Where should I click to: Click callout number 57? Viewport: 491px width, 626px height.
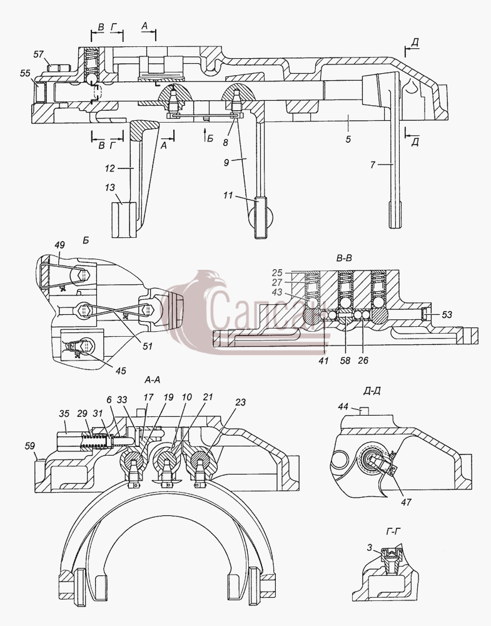point(38,54)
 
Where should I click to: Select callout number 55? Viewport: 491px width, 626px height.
point(26,73)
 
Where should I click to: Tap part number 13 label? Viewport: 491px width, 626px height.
point(110,188)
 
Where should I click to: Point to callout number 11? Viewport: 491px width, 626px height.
point(228,195)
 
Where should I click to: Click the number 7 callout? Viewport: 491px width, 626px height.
point(373,164)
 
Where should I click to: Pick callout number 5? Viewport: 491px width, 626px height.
point(348,140)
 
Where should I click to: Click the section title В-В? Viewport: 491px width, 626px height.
point(344,259)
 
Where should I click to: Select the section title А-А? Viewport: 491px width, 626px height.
point(153,380)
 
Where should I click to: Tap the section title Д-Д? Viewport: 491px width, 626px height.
point(372,391)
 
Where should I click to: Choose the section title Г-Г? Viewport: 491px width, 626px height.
point(393,531)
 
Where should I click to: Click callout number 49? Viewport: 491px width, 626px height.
point(59,245)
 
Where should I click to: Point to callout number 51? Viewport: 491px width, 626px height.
point(147,346)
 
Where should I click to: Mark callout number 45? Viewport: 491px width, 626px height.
point(121,371)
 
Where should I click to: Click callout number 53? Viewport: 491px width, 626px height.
point(447,315)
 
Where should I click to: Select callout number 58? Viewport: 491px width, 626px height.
point(345,361)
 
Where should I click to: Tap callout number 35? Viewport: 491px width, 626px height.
point(64,413)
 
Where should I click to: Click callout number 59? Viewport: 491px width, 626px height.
point(30,446)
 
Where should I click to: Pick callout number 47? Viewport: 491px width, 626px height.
point(406,502)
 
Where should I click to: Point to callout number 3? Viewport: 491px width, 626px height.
point(370,548)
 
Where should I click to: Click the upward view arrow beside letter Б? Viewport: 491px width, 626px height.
point(204,135)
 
